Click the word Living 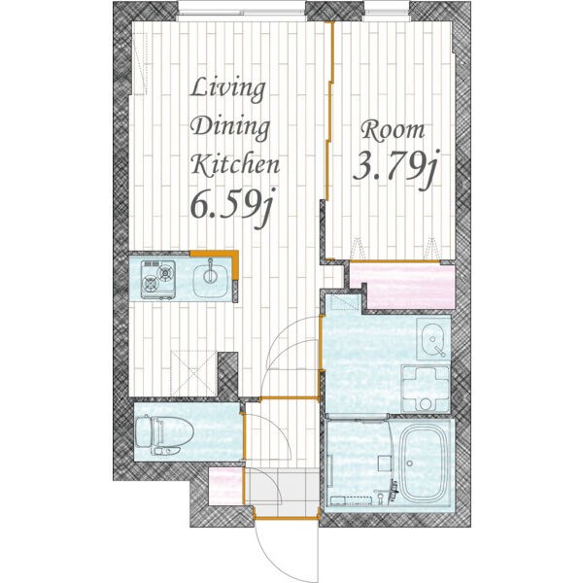point(228,89)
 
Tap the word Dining point(230,127)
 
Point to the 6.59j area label point(232,207)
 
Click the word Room point(393,131)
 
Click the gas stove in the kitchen point(158,280)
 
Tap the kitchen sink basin point(211,280)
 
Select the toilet point(164,434)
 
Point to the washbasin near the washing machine point(432,338)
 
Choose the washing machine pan point(426,389)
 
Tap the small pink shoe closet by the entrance point(225,486)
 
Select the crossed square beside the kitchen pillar point(193,373)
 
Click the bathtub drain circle point(409,463)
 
